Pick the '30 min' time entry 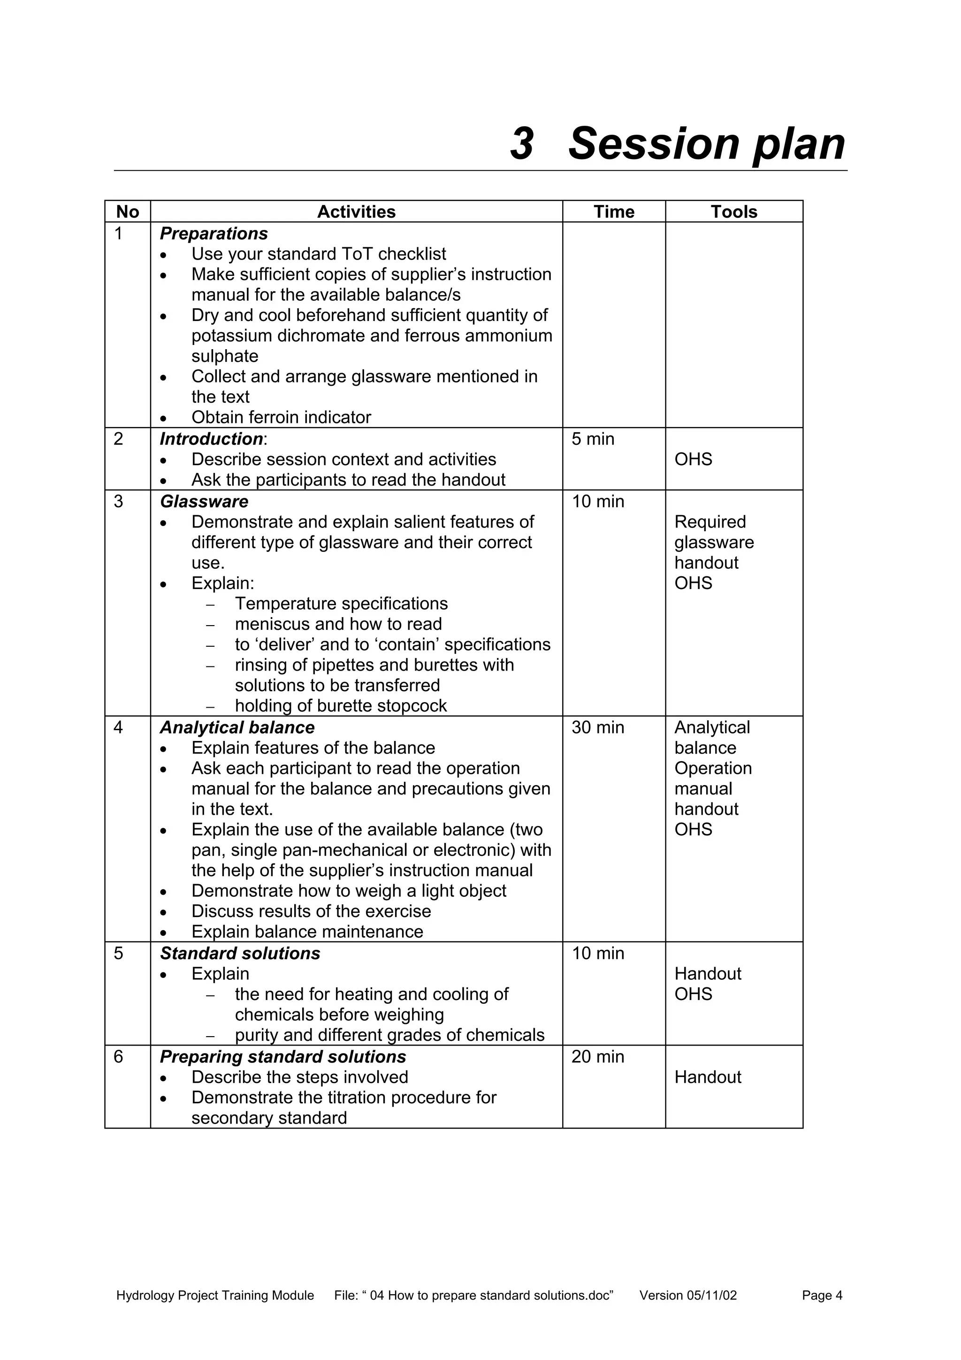(x=597, y=727)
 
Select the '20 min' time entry (x=597, y=1057)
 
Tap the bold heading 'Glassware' (x=204, y=502)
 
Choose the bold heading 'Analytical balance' (x=237, y=727)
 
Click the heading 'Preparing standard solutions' (x=282, y=1057)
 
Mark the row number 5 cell (x=118, y=953)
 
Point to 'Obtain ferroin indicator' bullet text (x=281, y=418)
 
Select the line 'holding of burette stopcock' (x=341, y=706)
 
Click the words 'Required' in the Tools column (x=710, y=522)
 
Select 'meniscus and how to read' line (x=338, y=624)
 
